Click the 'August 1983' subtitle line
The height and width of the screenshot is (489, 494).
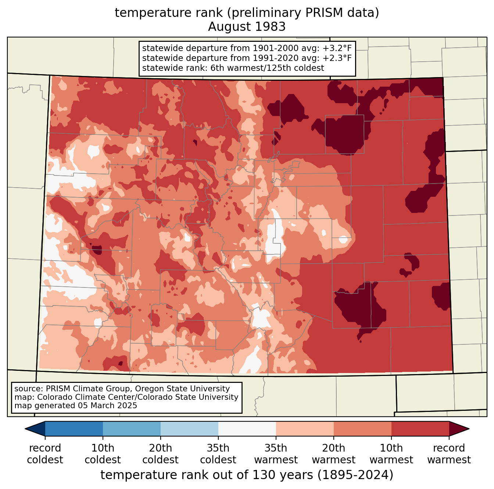tap(247, 27)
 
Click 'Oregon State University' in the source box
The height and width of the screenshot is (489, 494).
tap(182, 388)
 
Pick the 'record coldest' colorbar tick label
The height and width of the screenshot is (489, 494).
tap(45, 454)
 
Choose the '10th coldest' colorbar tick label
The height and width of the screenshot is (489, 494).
tap(103, 454)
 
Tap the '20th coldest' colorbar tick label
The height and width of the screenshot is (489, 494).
tap(160, 454)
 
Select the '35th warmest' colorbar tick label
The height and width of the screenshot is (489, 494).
tap(276, 454)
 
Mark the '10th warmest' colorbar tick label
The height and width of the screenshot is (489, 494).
tap(391, 454)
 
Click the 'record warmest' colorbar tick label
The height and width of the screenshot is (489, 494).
tap(449, 454)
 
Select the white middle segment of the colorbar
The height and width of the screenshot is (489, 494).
tap(247, 428)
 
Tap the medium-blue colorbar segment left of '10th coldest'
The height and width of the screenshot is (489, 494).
tap(74, 428)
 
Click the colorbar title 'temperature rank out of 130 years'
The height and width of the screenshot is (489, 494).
tap(207, 475)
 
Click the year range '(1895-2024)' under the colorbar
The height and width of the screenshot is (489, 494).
tap(355, 475)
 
